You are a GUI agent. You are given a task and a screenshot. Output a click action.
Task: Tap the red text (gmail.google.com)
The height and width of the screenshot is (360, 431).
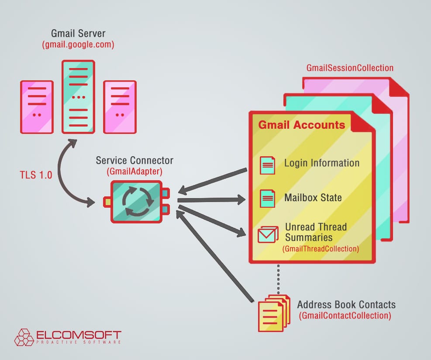78,45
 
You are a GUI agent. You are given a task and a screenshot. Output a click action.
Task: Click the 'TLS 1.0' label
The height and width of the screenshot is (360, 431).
35,175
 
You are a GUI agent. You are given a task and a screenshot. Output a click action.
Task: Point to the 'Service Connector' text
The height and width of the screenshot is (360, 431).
134,161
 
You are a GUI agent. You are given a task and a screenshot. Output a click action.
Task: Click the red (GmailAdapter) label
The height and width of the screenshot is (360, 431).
134,171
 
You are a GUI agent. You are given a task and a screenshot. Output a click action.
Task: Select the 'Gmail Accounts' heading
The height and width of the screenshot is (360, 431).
301,125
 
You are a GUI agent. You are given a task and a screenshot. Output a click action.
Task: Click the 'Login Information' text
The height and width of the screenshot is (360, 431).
322,163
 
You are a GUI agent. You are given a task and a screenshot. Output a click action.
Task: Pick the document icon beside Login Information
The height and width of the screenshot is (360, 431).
267,165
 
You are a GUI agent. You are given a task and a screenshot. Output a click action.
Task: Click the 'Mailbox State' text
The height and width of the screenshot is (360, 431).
313,197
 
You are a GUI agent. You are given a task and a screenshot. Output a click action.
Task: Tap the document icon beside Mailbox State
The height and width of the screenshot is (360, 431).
267,199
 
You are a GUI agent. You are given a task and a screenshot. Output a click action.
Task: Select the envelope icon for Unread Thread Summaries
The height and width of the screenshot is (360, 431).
268,234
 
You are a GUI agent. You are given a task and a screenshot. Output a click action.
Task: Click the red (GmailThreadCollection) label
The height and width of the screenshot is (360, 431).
321,249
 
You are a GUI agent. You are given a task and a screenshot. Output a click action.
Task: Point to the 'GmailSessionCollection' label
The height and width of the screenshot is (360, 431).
350,68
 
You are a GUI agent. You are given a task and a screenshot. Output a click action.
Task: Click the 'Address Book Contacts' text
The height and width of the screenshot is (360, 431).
346,304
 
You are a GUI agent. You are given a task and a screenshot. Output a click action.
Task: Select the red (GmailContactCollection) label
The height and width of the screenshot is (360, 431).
345,315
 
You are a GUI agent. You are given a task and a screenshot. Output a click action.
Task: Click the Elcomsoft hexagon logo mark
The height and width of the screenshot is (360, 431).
24,337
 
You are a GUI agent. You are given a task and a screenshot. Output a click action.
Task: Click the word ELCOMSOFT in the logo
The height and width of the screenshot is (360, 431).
79,336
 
